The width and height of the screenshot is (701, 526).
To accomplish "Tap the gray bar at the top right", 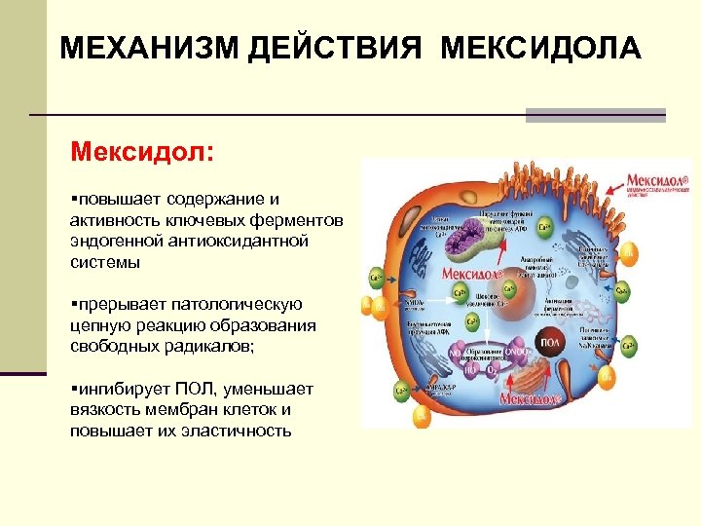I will pyautogui.click(x=595, y=115).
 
